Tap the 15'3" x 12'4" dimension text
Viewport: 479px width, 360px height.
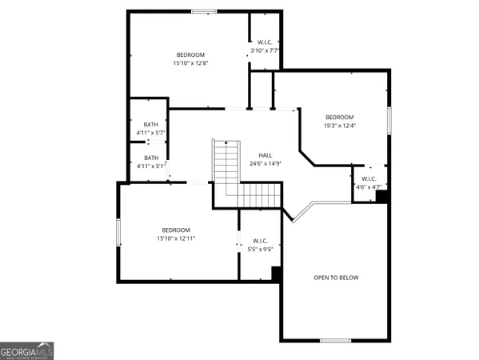[339, 126]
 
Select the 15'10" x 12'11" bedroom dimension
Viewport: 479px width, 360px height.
[177, 238]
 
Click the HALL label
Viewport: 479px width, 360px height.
[265, 155]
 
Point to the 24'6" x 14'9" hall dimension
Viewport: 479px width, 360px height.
[265, 164]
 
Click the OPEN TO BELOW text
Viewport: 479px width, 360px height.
[336, 278]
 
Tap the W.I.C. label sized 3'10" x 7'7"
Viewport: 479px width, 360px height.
[264, 42]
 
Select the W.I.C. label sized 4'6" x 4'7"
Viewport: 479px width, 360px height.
[369, 178]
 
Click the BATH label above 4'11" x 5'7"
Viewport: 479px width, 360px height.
[151, 124]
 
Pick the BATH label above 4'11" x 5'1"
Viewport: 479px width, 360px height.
[151, 158]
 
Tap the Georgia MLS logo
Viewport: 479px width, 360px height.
[27, 351]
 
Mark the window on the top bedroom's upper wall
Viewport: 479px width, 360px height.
[204, 11]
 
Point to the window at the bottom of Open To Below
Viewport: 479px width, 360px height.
[335, 341]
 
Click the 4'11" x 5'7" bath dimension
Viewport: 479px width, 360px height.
[151, 133]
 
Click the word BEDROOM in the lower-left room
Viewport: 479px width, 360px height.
[176, 229]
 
